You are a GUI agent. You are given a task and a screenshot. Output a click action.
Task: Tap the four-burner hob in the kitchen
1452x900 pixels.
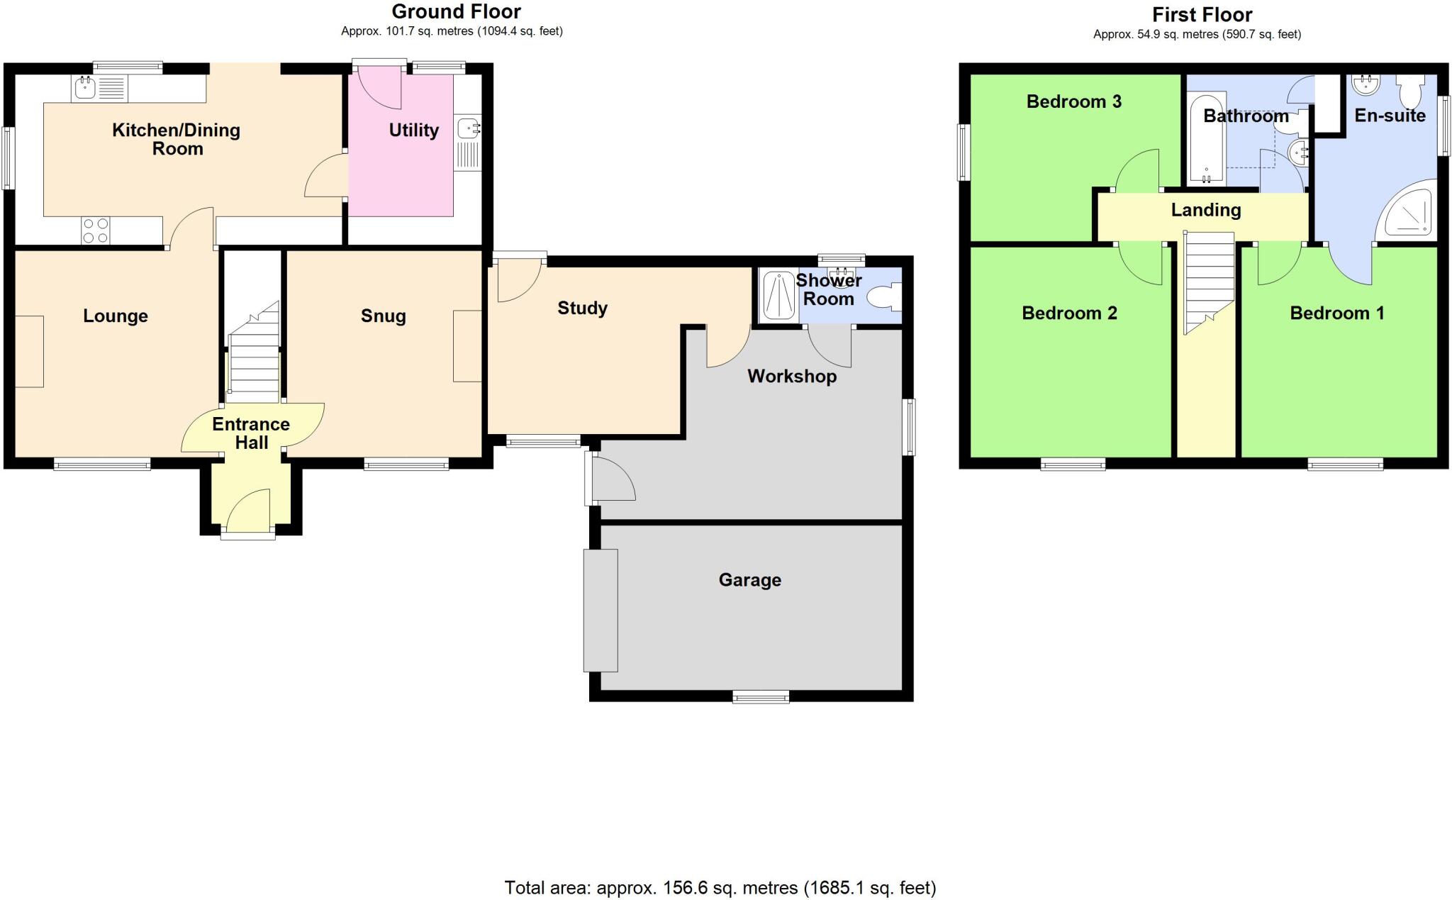(x=96, y=230)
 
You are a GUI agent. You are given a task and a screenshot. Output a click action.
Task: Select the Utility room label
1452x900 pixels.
(x=413, y=130)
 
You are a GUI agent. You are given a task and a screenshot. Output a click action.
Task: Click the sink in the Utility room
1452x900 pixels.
(x=468, y=129)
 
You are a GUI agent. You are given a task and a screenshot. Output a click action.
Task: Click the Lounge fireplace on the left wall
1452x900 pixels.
(x=29, y=352)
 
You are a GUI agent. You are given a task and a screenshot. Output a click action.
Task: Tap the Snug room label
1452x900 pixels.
(x=383, y=316)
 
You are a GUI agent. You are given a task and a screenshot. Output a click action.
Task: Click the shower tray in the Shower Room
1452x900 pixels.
(x=778, y=296)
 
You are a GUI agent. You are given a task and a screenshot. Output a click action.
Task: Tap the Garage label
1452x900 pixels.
(x=749, y=580)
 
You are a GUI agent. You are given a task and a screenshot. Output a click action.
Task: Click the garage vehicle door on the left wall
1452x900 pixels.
(x=600, y=610)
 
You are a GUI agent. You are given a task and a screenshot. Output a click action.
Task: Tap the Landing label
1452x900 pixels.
(x=1205, y=210)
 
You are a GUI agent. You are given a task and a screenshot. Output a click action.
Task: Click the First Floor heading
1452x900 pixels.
(x=1202, y=14)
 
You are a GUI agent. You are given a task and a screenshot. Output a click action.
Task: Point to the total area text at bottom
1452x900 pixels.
(x=720, y=887)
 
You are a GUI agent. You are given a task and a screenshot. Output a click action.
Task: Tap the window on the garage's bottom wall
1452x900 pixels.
(x=760, y=698)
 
